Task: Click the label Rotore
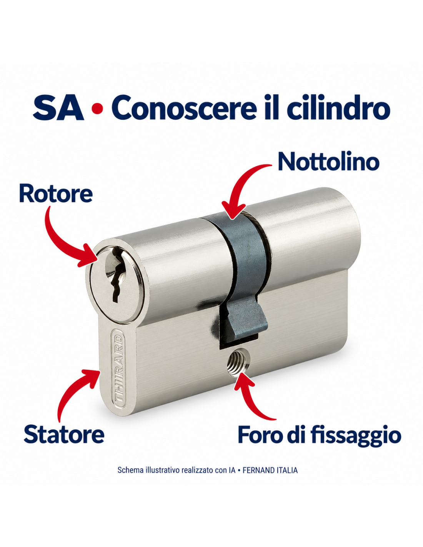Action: click(x=56, y=194)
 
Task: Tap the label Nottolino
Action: click(x=329, y=162)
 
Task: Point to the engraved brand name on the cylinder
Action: click(x=118, y=368)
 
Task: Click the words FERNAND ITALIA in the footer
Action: click(x=270, y=470)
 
